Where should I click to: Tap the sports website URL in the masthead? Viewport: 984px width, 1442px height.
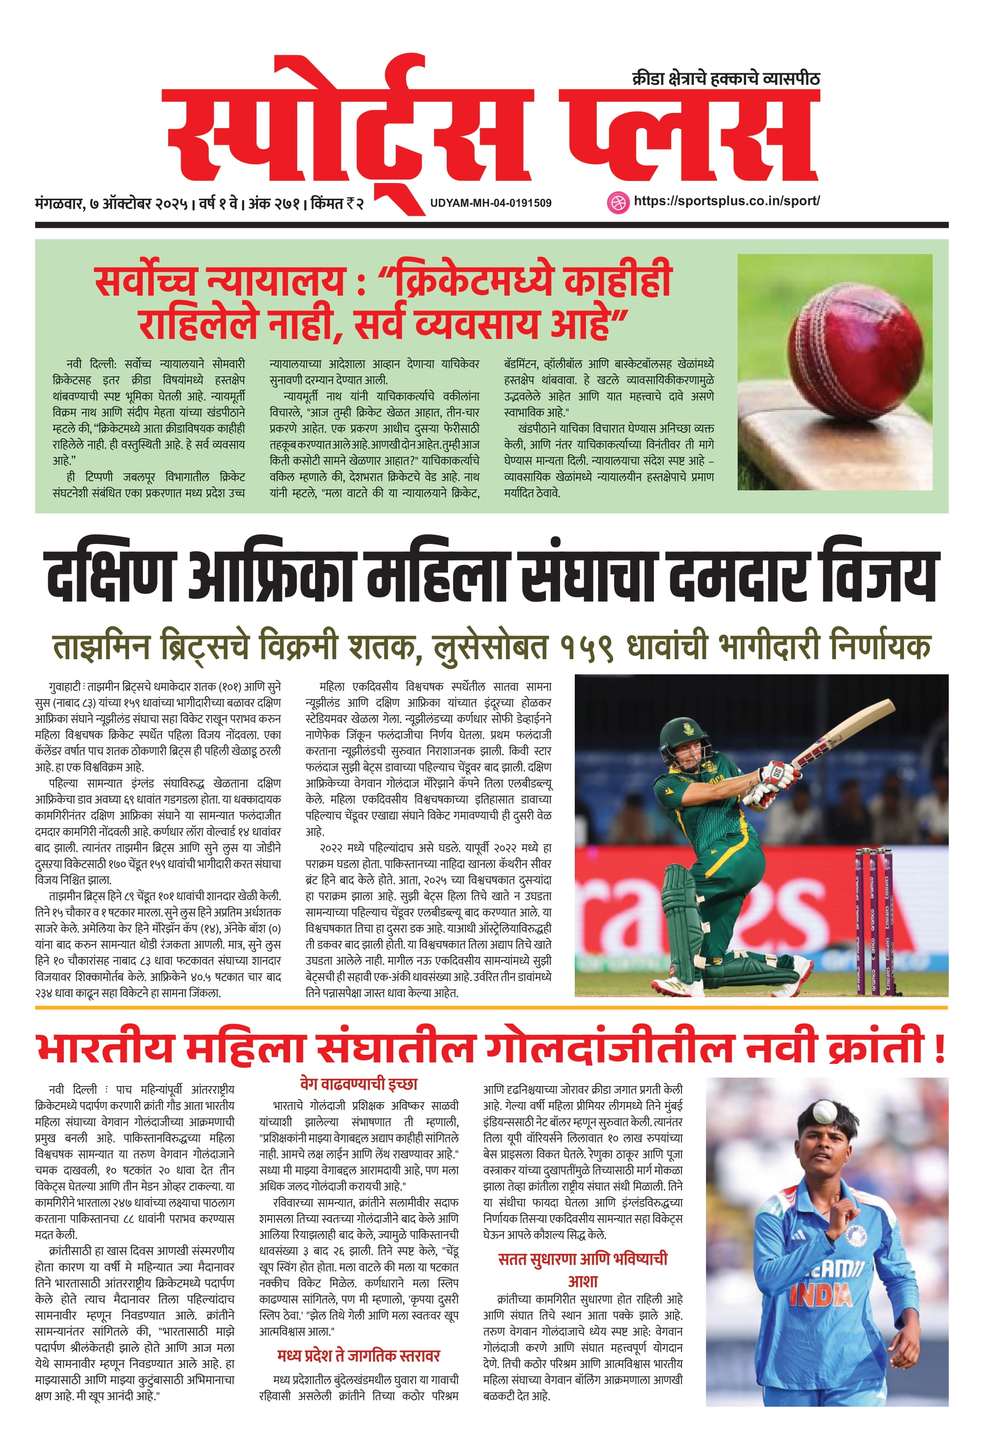[x=726, y=201]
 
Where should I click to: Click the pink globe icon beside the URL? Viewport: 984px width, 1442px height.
[x=616, y=202]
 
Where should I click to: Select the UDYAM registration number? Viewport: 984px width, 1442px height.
[x=490, y=203]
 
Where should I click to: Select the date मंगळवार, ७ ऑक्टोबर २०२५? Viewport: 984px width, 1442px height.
[x=112, y=204]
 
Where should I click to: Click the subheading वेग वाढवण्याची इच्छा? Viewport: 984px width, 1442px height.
[x=358, y=1084]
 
